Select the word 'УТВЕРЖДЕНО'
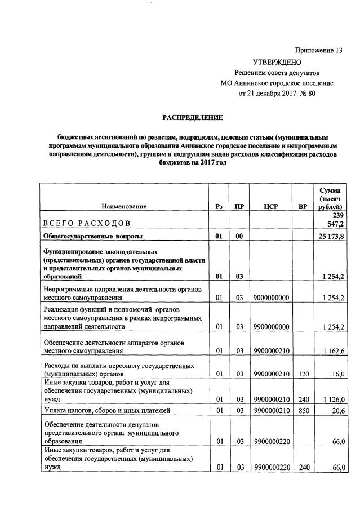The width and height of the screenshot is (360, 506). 277,61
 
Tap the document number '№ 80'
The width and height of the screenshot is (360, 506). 306,93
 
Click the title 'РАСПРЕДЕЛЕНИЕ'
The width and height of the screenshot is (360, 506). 193,118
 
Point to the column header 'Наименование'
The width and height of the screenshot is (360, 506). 125,207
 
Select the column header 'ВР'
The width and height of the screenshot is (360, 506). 303,207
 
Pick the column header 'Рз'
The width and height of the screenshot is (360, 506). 219,207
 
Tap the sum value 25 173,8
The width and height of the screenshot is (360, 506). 330,237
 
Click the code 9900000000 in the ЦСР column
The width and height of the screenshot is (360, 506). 272,326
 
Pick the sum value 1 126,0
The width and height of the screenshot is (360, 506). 332,398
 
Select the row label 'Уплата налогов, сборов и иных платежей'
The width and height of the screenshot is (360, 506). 106,410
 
